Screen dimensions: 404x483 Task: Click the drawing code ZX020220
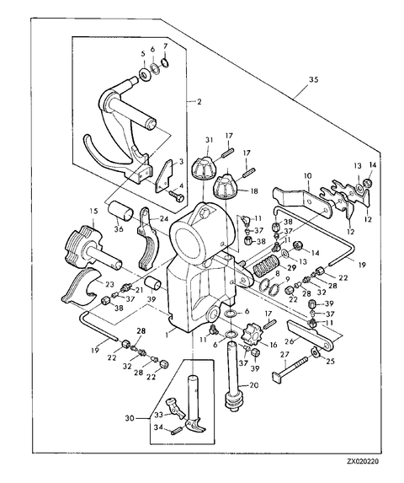pyautogui.click(x=363, y=461)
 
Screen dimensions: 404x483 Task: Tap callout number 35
pyautogui.click(x=313, y=80)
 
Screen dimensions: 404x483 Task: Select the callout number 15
pyautogui.click(x=93, y=212)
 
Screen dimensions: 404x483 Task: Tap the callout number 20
pyautogui.click(x=254, y=385)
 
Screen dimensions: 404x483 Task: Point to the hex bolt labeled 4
pyautogui.click(x=176, y=196)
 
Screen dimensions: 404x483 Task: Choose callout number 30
pyautogui.click(x=130, y=419)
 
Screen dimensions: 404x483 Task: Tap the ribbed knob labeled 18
pyautogui.click(x=225, y=185)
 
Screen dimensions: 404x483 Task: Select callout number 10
pyautogui.click(x=308, y=176)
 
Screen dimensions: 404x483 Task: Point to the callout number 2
pyautogui.click(x=199, y=101)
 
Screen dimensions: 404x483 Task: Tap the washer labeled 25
pyautogui.click(x=316, y=352)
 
